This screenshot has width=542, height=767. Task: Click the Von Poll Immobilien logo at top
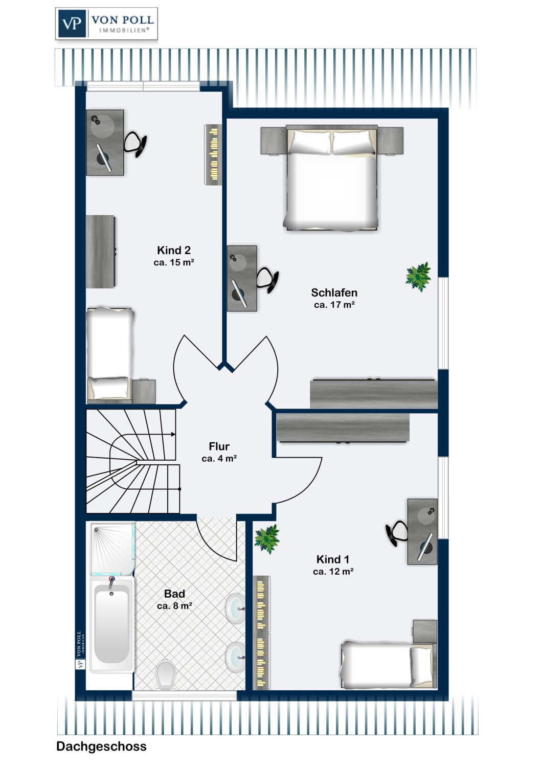[x=106, y=24]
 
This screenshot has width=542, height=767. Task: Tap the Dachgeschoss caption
[x=101, y=746]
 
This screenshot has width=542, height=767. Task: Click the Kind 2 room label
[x=174, y=251]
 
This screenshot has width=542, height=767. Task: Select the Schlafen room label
[x=334, y=293]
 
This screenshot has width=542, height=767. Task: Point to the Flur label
[x=219, y=446]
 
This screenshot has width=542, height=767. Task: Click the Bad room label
[x=175, y=593]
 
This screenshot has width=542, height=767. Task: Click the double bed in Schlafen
[x=331, y=177]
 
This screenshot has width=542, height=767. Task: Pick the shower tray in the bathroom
[x=112, y=549]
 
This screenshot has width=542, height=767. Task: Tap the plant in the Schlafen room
[x=418, y=277]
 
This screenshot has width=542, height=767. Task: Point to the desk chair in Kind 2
[x=135, y=145]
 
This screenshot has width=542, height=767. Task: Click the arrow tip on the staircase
[x=175, y=435]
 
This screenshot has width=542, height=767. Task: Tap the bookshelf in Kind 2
[x=213, y=154]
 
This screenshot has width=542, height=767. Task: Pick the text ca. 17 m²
[x=334, y=304]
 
